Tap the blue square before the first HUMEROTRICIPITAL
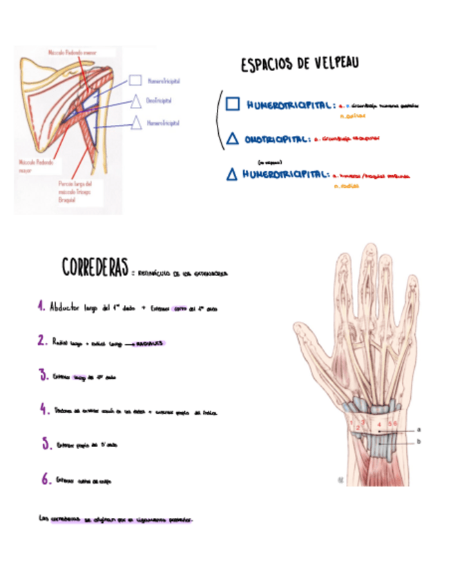[x=233, y=104]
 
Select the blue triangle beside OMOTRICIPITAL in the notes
[x=233, y=139]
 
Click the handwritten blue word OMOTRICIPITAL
[x=276, y=139]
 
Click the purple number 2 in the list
[x=43, y=341]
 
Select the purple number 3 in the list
[x=44, y=376]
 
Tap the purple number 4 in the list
[x=44, y=410]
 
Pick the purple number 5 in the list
[x=46, y=444]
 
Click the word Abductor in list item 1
[x=66, y=308]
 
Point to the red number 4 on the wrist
[x=379, y=424]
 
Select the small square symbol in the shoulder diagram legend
[x=135, y=81]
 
